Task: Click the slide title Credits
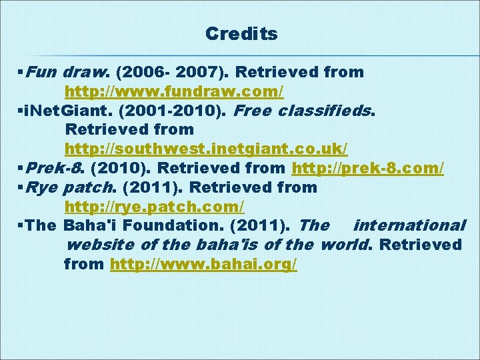click(x=241, y=33)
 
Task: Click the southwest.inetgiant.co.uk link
click(x=215, y=149)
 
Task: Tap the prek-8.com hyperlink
click(x=368, y=168)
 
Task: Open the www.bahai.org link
click(x=203, y=265)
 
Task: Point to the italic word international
click(x=409, y=226)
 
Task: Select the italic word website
click(x=100, y=245)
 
